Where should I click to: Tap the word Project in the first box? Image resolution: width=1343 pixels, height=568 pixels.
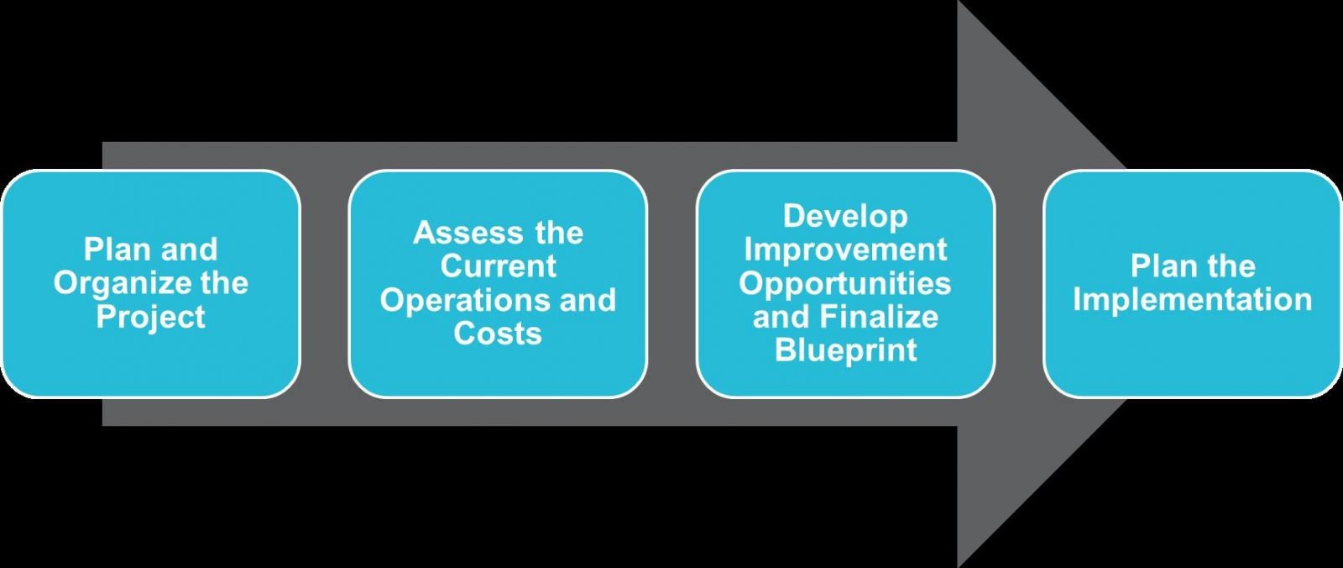click(x=150, y=316)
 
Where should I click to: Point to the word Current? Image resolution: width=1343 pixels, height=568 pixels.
click(x=499, y=266)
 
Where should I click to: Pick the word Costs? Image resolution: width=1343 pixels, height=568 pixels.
click(x=498, y=334)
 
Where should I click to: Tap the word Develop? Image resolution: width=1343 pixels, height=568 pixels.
click(x=845, y=218)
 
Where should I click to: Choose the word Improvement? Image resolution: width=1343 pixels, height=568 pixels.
click(x=845, y=250)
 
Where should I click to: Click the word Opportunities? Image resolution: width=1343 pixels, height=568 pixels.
click(x=844, y=284)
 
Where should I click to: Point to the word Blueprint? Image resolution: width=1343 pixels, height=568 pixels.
click(x=845, y=350)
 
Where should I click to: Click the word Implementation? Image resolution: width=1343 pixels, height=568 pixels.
click(x=1193, y=300)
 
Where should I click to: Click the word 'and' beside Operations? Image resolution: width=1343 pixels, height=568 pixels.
click(x=588, y=300)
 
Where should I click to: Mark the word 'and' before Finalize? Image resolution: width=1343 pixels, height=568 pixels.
click(x=781, y=316)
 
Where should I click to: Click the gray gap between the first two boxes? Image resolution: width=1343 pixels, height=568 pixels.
click(x=324, y=283)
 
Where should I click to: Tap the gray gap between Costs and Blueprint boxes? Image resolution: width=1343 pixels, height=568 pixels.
click(x=671, y=283)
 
